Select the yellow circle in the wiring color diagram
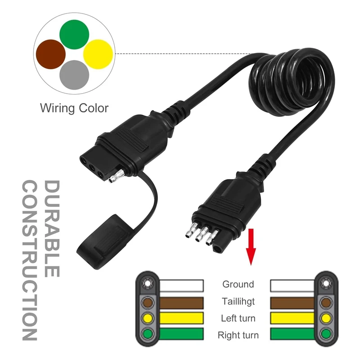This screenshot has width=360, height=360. [x=98, y=54]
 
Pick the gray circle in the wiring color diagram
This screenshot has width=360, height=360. [x=75, y=75]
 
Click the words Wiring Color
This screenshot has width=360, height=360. [x=74, y=108]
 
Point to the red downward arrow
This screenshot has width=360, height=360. [x=251, y=247]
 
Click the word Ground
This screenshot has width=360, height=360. [x=238, y=284]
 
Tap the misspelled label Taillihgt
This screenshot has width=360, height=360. [x=238, y=301]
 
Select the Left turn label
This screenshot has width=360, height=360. [x=238, y=319]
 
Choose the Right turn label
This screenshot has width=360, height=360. [x=238, y=335]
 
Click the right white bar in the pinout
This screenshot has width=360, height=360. [x=293, y=284]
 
